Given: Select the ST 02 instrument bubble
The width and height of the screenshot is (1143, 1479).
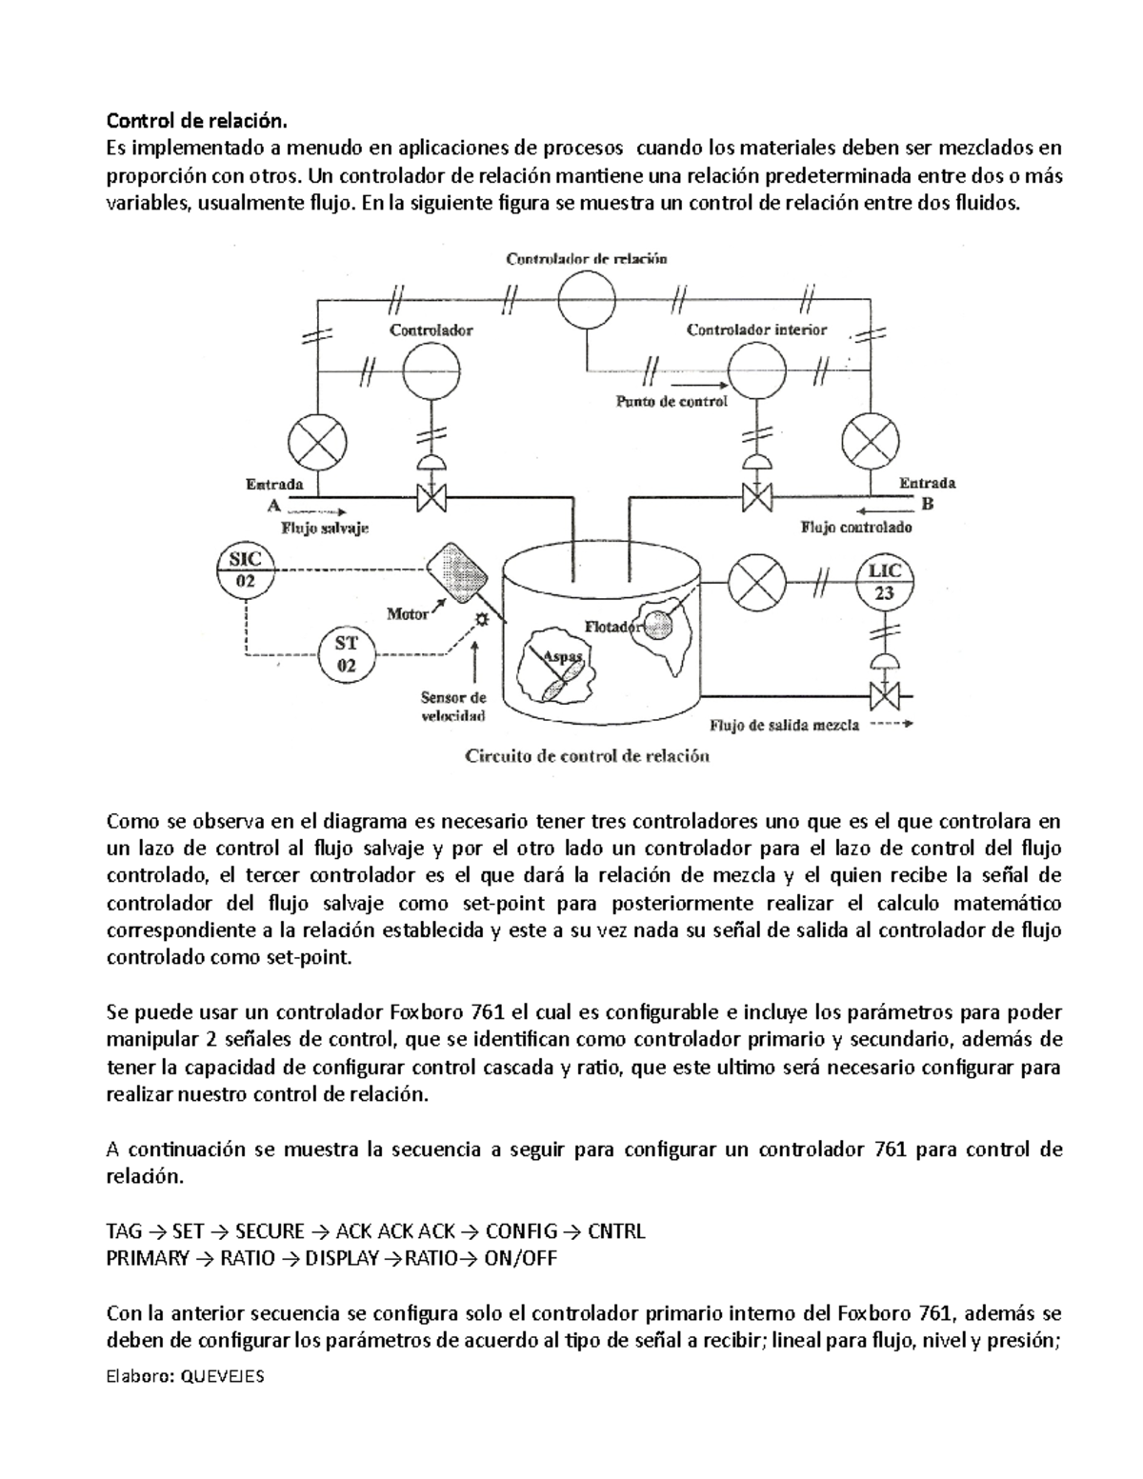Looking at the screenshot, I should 346,654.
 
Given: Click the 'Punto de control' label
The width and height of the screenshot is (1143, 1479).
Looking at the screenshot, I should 672,401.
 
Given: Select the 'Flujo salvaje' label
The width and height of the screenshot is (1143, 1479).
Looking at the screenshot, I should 325,526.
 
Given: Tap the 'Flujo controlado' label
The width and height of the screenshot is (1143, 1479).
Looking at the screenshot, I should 856,527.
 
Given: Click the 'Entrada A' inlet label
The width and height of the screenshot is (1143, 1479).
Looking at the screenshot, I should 275,493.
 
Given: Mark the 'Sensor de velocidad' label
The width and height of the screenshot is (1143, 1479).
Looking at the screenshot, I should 454,707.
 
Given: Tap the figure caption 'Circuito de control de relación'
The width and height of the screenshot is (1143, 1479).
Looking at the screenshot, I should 588,757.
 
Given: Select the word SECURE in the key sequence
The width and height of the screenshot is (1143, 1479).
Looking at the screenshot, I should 270,1231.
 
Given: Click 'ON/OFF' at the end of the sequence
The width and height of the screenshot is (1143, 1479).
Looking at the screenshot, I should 520,1258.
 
